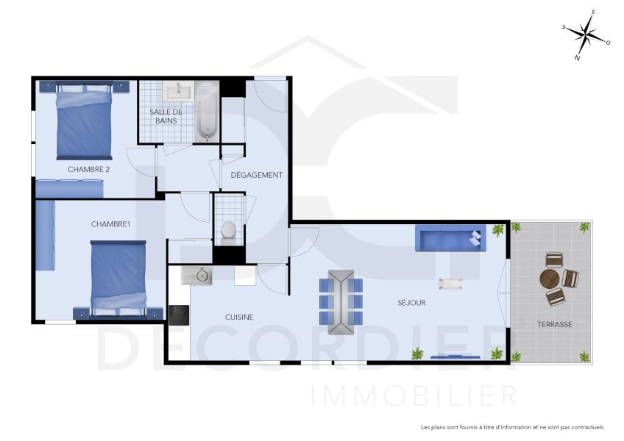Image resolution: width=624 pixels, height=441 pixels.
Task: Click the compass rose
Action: coord(586,34)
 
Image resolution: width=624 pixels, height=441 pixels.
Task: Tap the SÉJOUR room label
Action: coord(411,302)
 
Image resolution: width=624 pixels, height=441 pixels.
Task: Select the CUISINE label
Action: coord(239,317)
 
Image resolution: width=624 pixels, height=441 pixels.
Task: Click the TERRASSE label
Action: coord(554,324)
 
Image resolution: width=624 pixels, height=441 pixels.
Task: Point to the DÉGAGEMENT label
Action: coord(257,175)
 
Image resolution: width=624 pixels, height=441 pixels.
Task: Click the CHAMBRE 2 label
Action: coord(88,169)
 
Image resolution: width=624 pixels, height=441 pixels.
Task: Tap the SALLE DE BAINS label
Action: coord(166,115)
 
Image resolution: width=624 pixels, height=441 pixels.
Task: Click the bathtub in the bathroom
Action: coord(207,111)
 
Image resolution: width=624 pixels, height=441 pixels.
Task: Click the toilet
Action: coord(229,232)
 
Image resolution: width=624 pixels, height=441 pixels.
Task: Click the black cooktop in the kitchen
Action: coord(179,315)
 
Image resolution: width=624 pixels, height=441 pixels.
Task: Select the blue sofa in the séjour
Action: coord(450,238)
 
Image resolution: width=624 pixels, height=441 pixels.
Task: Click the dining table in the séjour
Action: coord(341,297)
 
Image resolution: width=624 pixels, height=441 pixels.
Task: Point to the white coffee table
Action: coord(450,283)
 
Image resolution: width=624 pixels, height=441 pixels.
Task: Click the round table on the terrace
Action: coord(549,279)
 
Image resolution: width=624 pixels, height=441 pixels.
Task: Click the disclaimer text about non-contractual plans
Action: coord(512,427)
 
